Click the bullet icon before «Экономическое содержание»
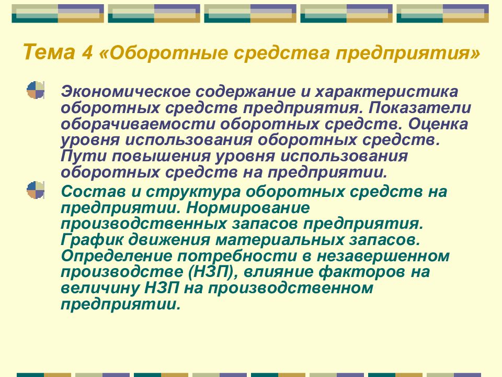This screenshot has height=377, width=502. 36,90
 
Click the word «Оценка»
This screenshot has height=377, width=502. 438,124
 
